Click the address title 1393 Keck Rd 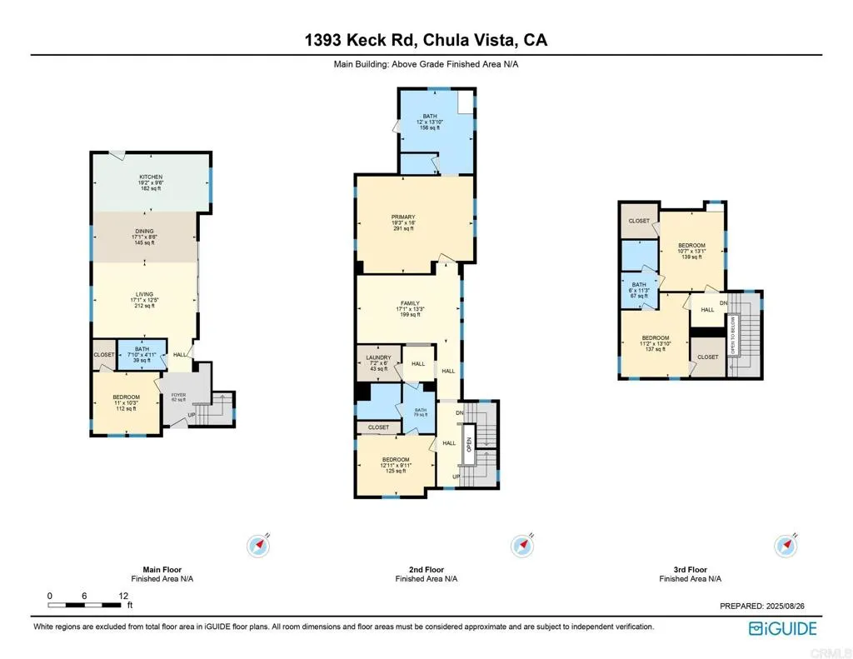(x=426, y=40)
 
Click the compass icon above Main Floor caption (x=259, y=546)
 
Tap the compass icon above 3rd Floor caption (x=786, y=546)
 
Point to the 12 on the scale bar (x=123, y=596)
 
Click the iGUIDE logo (x=782, y=628)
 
